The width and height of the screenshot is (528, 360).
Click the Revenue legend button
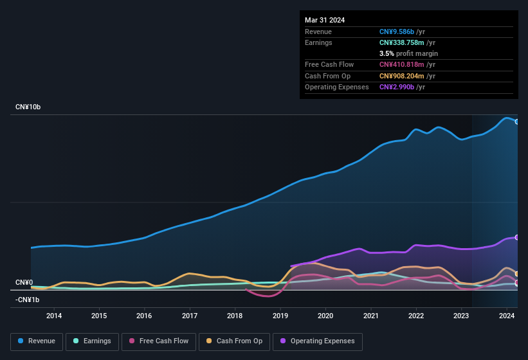37,341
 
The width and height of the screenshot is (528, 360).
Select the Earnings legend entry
93,341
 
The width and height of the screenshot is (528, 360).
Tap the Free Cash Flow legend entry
158,341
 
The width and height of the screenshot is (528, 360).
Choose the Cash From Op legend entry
233,341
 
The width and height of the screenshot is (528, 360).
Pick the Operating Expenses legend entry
317,341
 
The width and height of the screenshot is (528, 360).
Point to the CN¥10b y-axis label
28,107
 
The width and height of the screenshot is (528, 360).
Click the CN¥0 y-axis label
24,283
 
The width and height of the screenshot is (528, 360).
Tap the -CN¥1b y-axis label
28,300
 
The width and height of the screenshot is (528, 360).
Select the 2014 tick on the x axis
54,316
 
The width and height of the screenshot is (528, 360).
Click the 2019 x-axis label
280,316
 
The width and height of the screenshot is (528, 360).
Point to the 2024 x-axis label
507,316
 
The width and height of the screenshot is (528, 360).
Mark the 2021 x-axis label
371,316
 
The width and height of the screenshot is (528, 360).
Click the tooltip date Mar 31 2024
325,20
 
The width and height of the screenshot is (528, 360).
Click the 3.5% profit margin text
408,53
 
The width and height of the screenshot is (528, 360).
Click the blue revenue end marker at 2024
516,122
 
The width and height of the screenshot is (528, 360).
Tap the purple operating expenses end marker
516,237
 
